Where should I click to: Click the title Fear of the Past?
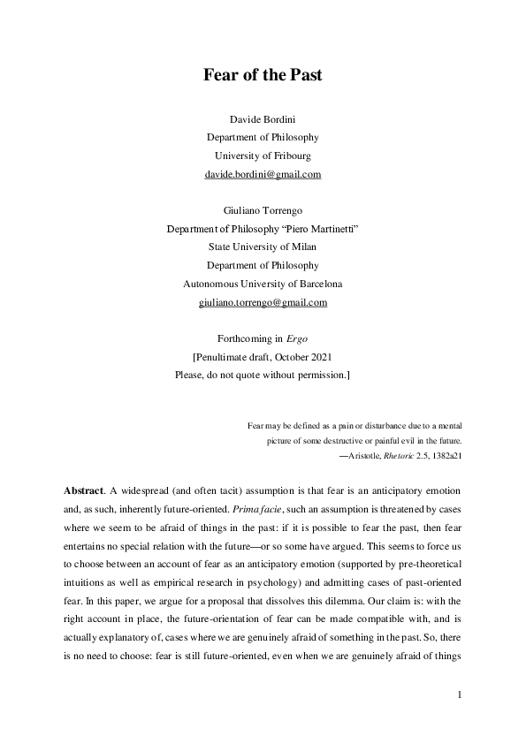click(x=263, y=75)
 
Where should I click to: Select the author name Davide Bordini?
click(x=263, y=118)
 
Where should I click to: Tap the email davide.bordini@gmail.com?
click(x=263, y=174)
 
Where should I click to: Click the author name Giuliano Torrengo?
click(x=263, y=210)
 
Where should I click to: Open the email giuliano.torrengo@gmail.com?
click(x=263, y=302)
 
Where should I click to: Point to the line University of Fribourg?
click(x=263, y=156)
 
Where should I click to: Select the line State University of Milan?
click(x=263, y=247)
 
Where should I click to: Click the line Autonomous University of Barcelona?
click(x=263, y=284)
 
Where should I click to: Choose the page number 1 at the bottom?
click(x=461, y=695)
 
